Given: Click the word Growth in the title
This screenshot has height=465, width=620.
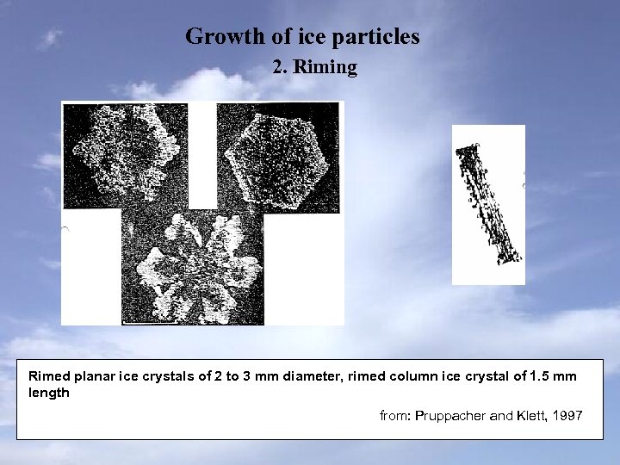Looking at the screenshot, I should click(216, 37).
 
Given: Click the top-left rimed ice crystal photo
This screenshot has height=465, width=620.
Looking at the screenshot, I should click(125, 155).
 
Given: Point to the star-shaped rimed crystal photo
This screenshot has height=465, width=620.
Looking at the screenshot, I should click(193, 263).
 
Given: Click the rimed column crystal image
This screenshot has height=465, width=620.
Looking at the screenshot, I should click(488, 204).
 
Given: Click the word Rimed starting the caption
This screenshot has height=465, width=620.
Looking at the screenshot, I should click(47, 377).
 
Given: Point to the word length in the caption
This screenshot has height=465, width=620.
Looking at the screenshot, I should click(48, 393).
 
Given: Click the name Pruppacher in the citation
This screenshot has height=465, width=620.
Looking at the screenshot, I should click(451, 416).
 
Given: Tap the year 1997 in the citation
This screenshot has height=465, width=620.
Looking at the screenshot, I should click(569, 416).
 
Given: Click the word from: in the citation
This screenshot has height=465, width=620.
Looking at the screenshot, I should click(396, 416).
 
